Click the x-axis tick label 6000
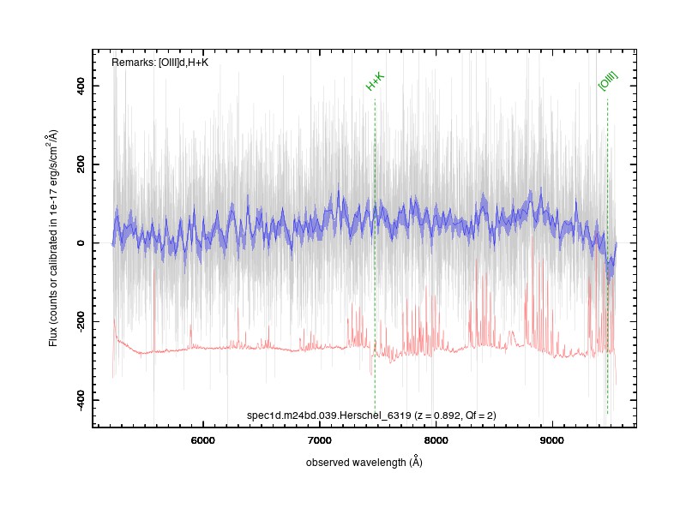tap(203, 440)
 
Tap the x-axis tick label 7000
tap(319, 440)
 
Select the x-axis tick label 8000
tap(436, 440)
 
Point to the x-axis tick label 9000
tap(551, 440)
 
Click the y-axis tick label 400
tap(81, 86)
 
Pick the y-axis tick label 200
tap(81, 164)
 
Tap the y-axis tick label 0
tap(81, 243)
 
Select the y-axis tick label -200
tap(81, 321)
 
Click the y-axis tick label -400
tap(81, 400)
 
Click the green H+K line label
tap(375, 81)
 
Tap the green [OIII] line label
tap(608, 81)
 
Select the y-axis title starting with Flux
tap(53, 238)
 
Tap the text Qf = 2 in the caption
tap(479, 415)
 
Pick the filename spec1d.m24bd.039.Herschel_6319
tap(329, 415)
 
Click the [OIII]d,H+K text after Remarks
tap(184, 63)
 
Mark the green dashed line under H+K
tap(375, 256)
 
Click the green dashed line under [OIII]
tap(607, 256)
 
